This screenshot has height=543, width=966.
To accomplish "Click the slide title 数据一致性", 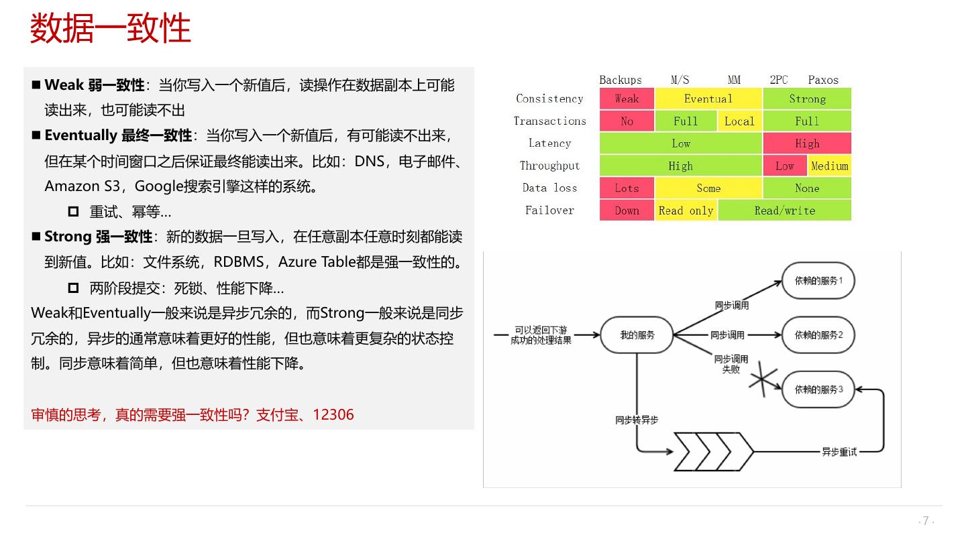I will point(111,29).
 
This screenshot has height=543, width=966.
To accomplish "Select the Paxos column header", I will point(823,80).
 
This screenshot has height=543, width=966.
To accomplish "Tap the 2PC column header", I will point(778,80).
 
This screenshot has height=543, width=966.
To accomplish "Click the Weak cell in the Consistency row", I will point(627,99).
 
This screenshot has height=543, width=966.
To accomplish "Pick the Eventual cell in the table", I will point(708,99).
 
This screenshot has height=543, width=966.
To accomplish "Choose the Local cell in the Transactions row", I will point(739,121).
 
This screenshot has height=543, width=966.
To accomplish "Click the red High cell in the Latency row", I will point(807,143).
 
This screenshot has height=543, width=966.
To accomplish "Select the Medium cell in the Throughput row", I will point(830,166).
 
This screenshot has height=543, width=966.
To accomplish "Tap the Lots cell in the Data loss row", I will point(627,188).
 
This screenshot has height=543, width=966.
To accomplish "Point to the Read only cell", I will point(686,210).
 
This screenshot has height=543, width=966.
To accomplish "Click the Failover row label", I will point(549,210).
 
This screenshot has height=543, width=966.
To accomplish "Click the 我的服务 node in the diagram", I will point(637,335).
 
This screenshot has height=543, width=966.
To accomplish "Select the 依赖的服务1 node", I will point(818,280).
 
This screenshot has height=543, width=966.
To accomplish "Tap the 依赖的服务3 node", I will point(818,389).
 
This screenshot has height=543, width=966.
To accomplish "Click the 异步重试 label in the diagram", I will point(839,452).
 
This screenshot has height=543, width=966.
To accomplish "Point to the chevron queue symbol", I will point(714,451).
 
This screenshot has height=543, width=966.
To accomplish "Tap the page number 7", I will point(926,521).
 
